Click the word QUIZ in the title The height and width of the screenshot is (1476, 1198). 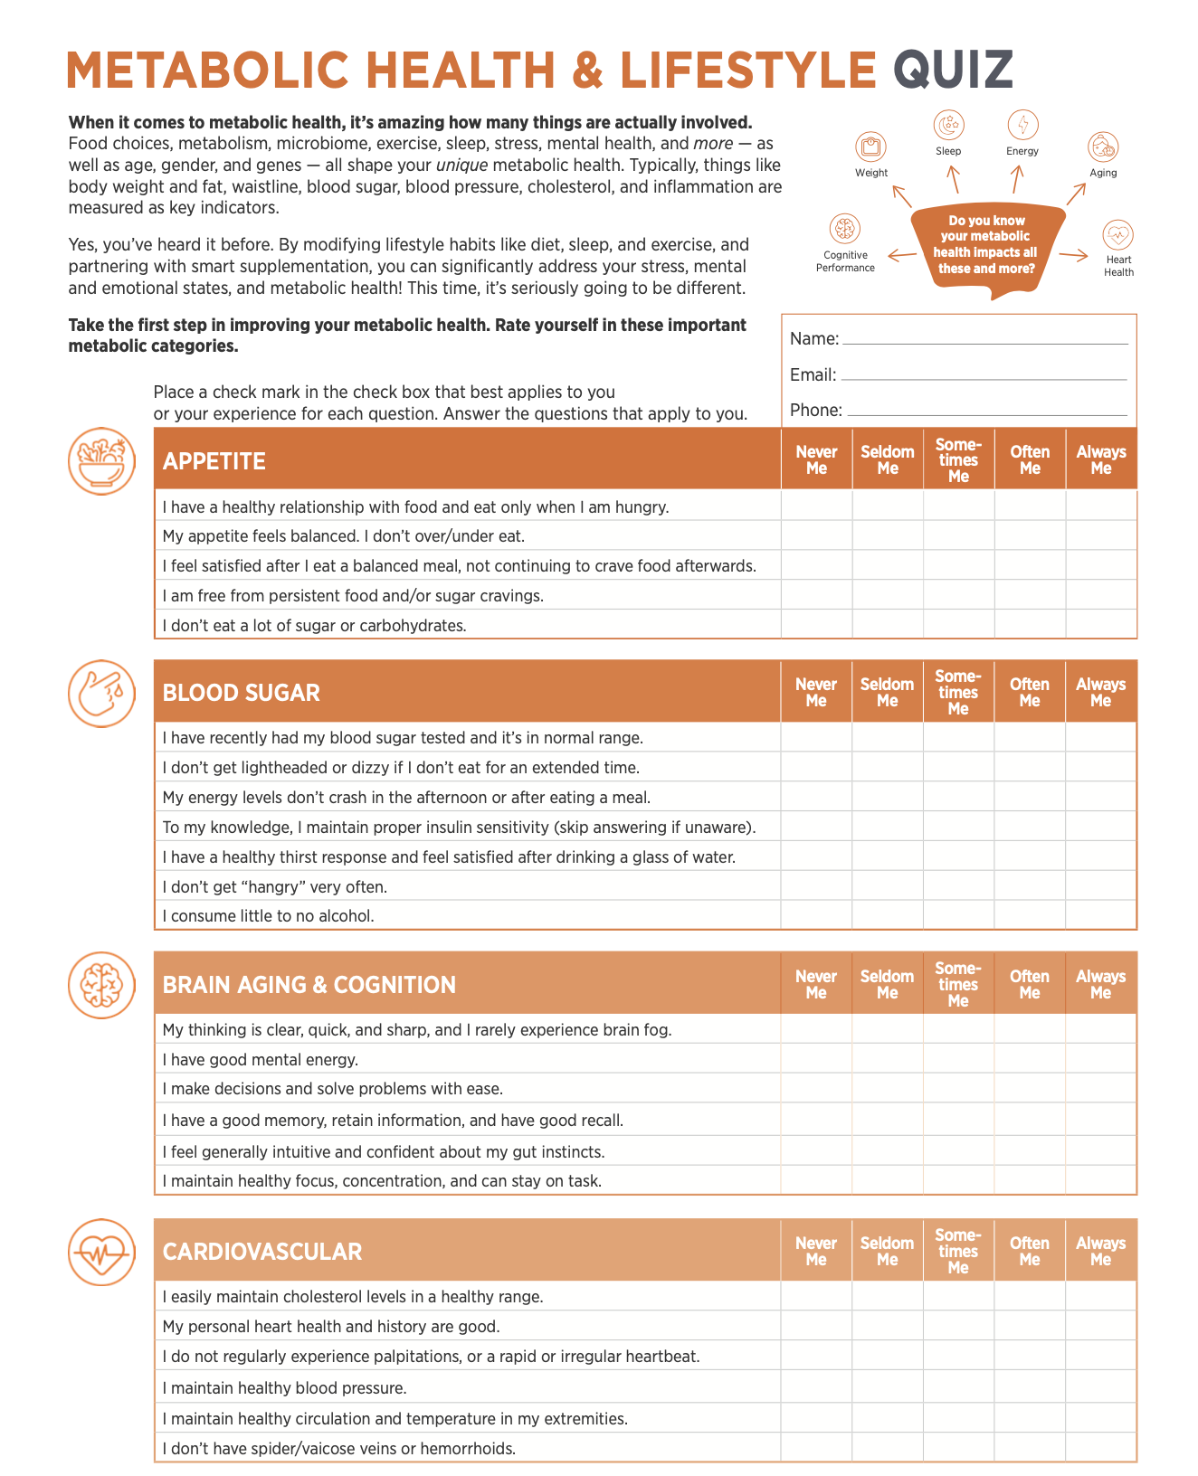953,71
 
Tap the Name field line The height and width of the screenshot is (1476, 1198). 984,342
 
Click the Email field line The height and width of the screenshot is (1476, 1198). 984,377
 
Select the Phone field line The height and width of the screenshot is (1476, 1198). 986,412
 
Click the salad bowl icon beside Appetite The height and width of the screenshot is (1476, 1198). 101,461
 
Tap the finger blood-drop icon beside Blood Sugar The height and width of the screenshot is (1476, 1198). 101,693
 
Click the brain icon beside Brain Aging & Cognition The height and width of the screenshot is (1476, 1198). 101,985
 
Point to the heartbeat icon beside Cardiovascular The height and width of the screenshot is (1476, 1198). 101,1253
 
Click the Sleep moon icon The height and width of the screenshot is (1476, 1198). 948,125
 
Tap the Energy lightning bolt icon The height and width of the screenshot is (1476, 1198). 1022,125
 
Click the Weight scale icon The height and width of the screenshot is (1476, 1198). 870,147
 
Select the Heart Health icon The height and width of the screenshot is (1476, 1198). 1118,235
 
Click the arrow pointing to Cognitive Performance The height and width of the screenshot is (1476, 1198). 901,256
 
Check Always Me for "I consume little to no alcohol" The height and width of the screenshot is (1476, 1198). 1100,915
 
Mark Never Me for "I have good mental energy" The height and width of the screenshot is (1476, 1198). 816,1059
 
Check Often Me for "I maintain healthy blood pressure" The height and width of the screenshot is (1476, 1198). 1029,1387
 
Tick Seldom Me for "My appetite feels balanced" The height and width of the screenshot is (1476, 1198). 888,535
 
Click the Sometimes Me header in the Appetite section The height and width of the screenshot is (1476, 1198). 958,460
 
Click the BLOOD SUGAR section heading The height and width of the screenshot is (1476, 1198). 242,693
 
